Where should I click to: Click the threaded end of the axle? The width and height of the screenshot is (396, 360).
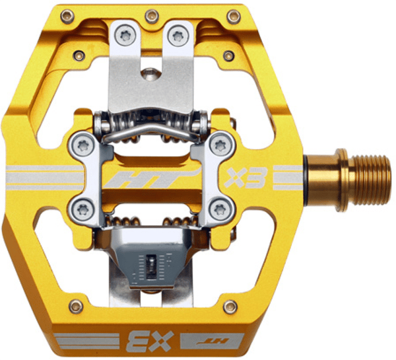pos(371,180)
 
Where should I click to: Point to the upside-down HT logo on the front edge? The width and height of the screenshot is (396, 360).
pos(213,341)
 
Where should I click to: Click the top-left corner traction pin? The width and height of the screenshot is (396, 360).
pos(67,17)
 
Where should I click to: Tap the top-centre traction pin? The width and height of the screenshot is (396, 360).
pos(152,17)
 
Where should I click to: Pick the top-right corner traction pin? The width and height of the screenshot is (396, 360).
pos(234,17)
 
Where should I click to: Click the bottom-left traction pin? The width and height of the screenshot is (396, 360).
pos(76,306)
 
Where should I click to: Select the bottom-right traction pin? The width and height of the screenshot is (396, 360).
pos(230,307)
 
